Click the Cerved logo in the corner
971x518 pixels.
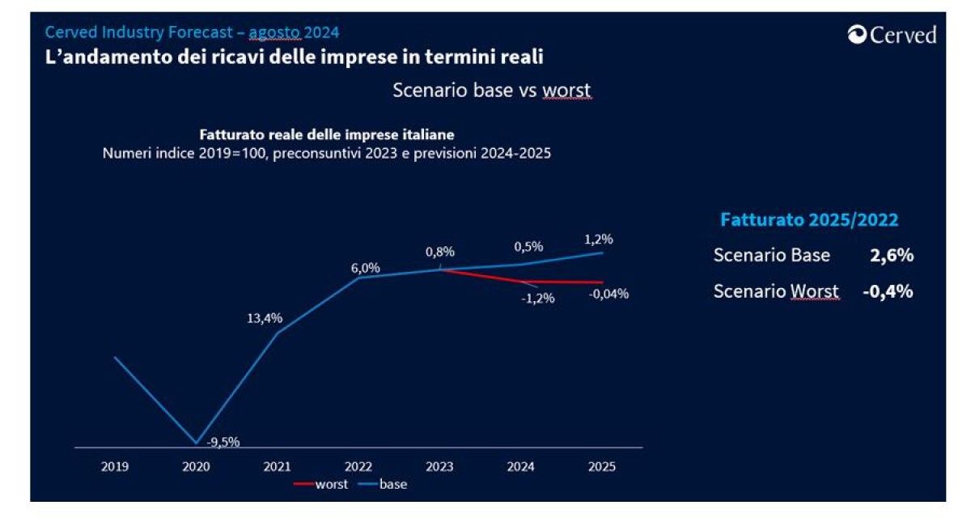click(x=892, y=35)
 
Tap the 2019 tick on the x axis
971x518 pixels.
click(x=115, y=466)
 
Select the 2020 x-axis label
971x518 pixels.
click(x=196, y=466)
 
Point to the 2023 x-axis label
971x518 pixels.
click(x=439, y=466)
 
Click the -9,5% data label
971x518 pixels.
click(x=223, y=442)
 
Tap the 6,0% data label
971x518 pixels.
click(x=365, y=268)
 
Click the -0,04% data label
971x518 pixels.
click(x=608, y=294)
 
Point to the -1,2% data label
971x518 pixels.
click(x=536, y=298)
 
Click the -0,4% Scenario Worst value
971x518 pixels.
click(x=887, y=291)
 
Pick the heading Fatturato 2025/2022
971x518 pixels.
click(x=809, y=219)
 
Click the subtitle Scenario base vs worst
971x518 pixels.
click(x=492, y=90)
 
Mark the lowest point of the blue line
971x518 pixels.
click(x=196, y=444)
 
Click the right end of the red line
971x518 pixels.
click(x=602, y=282)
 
